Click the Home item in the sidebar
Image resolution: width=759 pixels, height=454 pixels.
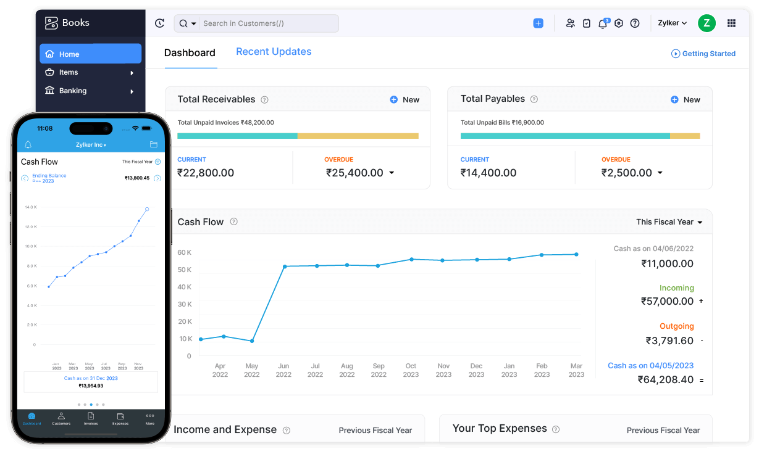click(x=90, y=54)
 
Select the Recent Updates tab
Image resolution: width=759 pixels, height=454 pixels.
click(x=274, y=52)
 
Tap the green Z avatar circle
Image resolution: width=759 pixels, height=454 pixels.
click(x=707, y=23)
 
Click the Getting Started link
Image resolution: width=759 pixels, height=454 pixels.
click(x=703, y=54)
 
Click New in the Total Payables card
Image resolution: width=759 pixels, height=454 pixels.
click(x=686, y=99)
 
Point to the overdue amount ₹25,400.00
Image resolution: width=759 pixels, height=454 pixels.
click(x=354, y=173)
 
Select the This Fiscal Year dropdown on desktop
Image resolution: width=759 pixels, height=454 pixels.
click(x=669, y=222)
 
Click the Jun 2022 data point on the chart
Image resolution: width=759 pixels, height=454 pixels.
click(x=285, y=266)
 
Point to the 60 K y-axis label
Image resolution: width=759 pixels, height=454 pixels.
click(x=184, y=252)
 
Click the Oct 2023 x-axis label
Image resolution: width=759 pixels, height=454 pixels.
click(x=411, y=370)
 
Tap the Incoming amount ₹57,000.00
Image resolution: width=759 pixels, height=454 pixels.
click(x=667, y=301)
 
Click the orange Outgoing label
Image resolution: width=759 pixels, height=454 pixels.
click(x=676, y=326)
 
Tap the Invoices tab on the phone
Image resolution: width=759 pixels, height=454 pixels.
click(x=91, y=419)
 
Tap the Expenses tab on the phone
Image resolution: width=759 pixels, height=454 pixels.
click(x=120, y=419)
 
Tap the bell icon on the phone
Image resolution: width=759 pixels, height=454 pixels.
click(x=28, y=145)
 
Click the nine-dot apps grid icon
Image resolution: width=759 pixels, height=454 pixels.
click(x=732, y=23)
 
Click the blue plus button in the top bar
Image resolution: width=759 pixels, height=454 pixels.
click(x=538, y=23)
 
